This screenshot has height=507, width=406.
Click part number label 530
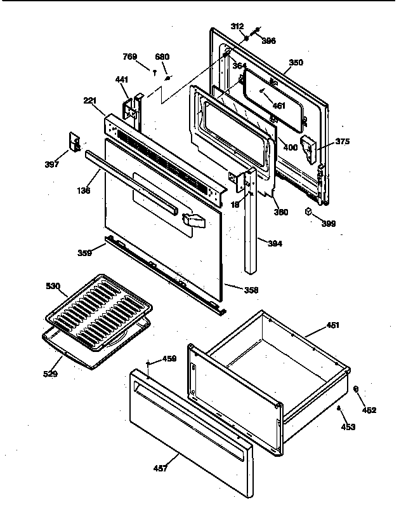click(x=53, y=287)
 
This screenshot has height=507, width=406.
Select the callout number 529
click(x=50, y=374)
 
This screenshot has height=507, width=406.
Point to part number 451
click(x=332, y=325)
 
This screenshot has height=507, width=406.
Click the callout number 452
click(x=369, y=410)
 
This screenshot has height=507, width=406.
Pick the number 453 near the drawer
click(x=348, y=426)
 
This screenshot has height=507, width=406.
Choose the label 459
click(x=169, y=359)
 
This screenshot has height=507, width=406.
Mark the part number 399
click(x=329, y=224)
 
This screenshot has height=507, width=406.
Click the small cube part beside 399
click(x=309, y=212)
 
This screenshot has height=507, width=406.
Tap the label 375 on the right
click(x=343, y=141)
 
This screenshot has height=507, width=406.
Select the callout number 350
click(x=296, y=62)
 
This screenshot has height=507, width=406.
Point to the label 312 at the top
click(x=237, y=26)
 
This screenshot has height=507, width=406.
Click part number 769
click(x=129, y=57)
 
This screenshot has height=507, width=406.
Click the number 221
click(x=89, y=100)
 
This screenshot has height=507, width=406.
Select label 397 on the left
click(x=52, y=165)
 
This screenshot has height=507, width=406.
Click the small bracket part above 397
click(x=74, y=142)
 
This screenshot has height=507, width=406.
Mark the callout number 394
click(x=275, y=243)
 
